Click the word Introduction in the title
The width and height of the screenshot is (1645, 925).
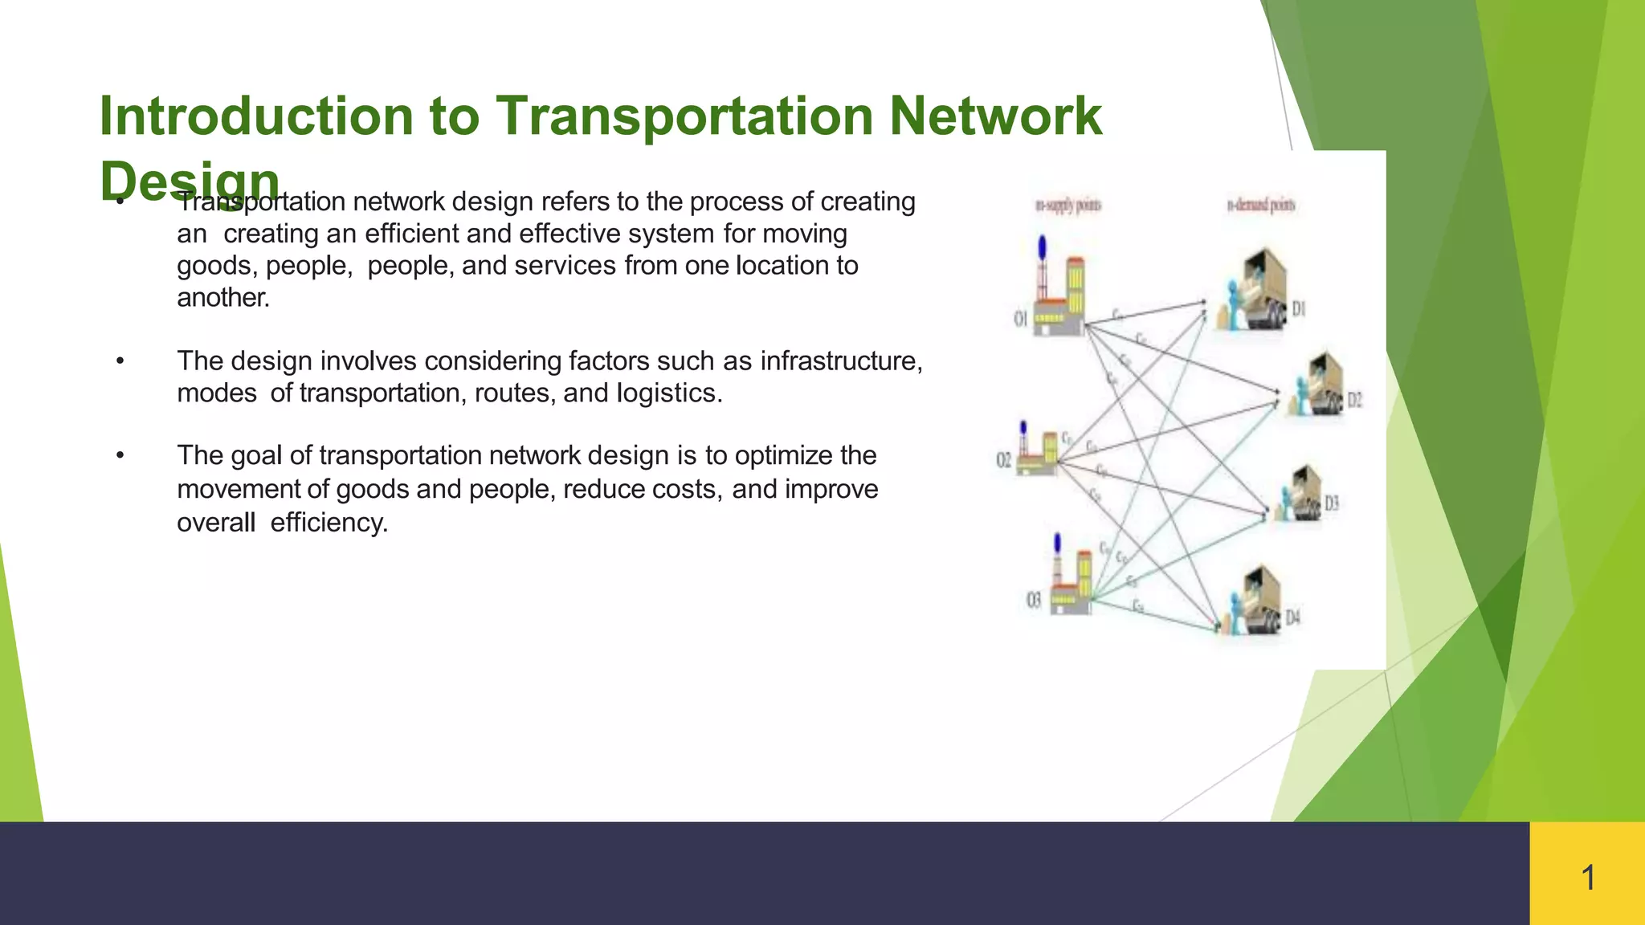tap(255, 116)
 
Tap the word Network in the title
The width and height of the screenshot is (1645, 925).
tap(995, 116)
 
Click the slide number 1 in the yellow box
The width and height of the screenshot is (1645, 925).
tap(1587, 878)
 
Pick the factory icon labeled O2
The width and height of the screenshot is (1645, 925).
tap(1036, 453)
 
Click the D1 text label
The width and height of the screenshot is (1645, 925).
tap(1299, 309)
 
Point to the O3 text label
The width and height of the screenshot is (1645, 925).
tap(1034, 600)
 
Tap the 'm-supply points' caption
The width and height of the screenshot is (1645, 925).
tap(1068, 206)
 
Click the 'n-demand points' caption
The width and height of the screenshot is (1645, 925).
tap(1260, 206)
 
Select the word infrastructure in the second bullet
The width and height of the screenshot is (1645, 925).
tap(840, 361)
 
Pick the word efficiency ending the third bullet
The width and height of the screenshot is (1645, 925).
tap(329, 523)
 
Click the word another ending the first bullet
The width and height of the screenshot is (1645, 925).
tap(223, 298)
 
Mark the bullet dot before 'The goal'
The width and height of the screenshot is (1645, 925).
tap(120, 455)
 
